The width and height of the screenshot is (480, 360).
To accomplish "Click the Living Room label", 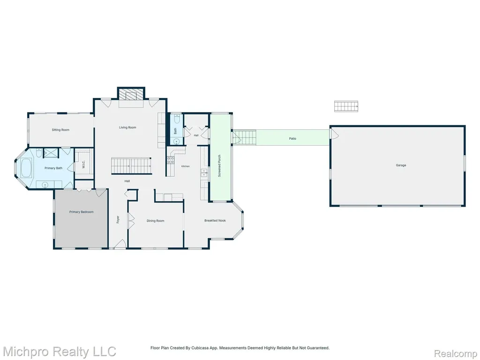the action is point(127,127).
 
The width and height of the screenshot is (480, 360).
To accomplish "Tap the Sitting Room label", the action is point(60,130).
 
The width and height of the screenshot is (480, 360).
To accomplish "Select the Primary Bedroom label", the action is point(82,212).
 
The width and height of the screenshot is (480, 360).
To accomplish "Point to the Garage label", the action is point(401,165).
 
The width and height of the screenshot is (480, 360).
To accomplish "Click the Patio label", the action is point(292,139).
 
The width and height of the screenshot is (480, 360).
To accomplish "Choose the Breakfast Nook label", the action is point(215,220).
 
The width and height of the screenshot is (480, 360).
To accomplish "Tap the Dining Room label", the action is point(156,221).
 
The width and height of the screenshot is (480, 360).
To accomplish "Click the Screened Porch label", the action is point(219,166).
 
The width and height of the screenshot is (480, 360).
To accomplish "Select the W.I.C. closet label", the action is point(83,165).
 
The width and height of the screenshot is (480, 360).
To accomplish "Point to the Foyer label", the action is point(118,219).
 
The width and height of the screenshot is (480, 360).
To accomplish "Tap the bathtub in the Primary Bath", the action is point(26,168).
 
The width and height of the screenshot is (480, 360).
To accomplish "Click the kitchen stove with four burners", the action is point(171,159).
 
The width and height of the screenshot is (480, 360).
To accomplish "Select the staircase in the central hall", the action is point(131,166).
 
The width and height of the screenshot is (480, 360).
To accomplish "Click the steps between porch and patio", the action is point(244,137).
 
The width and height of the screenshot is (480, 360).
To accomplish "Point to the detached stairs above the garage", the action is point(346,106).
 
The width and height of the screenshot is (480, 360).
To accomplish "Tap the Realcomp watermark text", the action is point(456,354).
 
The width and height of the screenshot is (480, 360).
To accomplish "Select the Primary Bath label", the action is point(53,168).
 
